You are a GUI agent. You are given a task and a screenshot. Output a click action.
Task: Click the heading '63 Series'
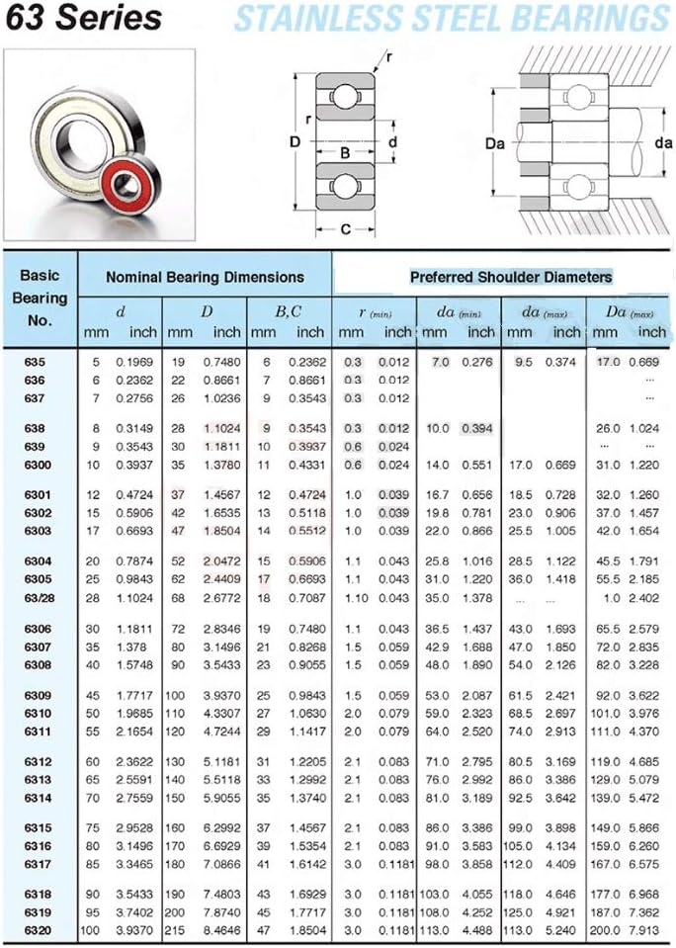pos(83,18)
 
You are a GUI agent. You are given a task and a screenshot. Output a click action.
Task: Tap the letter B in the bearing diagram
pos(345,153)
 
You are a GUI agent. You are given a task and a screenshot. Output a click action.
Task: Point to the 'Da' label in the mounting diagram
pos(494,144)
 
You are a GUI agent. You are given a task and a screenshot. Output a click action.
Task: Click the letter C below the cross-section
pos(345,229)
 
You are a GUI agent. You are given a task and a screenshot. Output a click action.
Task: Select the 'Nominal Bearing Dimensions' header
pos(205,278)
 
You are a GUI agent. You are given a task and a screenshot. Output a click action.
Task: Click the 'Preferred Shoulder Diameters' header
pos(511,278)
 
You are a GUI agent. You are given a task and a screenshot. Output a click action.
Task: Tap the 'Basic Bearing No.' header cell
pos(40,298)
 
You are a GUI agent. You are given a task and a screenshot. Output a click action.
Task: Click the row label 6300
pos(38,465)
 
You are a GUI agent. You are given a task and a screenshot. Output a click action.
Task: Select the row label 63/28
pos(38,598)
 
